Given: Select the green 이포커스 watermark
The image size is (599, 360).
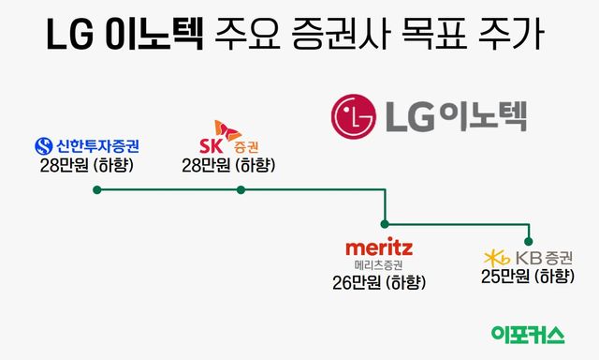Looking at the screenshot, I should coord(528,335).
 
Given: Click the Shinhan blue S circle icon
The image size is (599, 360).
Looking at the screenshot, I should coord(43,146).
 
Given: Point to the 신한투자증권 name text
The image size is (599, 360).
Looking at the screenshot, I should coord(96,146).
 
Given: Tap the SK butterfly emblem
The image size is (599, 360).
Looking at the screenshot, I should coord(222,128).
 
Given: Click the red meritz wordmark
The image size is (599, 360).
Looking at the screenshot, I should coord(379,247).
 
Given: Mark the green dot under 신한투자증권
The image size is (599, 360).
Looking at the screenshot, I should coord(96,189).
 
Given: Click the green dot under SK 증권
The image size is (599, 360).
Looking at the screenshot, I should coord(241,189).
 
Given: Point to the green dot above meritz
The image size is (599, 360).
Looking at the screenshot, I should coord(385,224).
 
